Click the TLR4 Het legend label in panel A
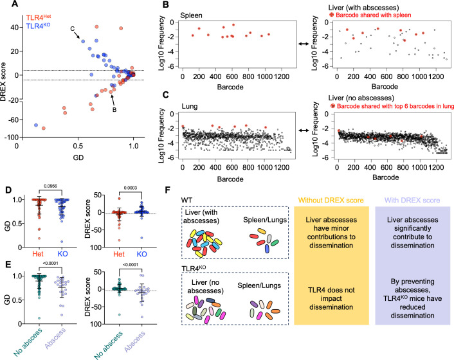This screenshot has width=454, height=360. tap(39, 17)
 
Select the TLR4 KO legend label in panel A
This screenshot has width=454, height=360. tap(38, 26)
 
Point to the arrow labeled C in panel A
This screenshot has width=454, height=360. tap(77, 35)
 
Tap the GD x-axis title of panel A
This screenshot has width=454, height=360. tap(78, 157)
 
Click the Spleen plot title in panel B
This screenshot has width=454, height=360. tap(191, 15)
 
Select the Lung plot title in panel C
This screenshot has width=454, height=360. tap(190, 106)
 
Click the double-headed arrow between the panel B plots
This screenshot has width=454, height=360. tap(304, 44)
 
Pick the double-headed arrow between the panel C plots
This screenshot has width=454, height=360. tap(304, 130)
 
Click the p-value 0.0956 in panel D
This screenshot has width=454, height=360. tap(50, 186)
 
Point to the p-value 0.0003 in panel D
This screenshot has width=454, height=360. tap(131, 188)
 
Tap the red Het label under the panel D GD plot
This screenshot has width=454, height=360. tap(38, 254)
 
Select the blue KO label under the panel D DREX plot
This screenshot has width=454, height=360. tap(141, 254)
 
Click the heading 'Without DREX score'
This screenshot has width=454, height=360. tap(331, 201)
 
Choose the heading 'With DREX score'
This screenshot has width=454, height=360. tap(412, 201)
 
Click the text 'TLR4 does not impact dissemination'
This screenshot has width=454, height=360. tap(331, 298)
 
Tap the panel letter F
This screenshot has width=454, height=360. tap(167, 190)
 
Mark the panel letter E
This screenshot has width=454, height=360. tap(8, 264)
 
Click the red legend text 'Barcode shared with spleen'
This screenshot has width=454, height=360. tap(373, 15)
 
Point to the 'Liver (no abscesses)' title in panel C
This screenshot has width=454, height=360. tap(361, 98)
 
